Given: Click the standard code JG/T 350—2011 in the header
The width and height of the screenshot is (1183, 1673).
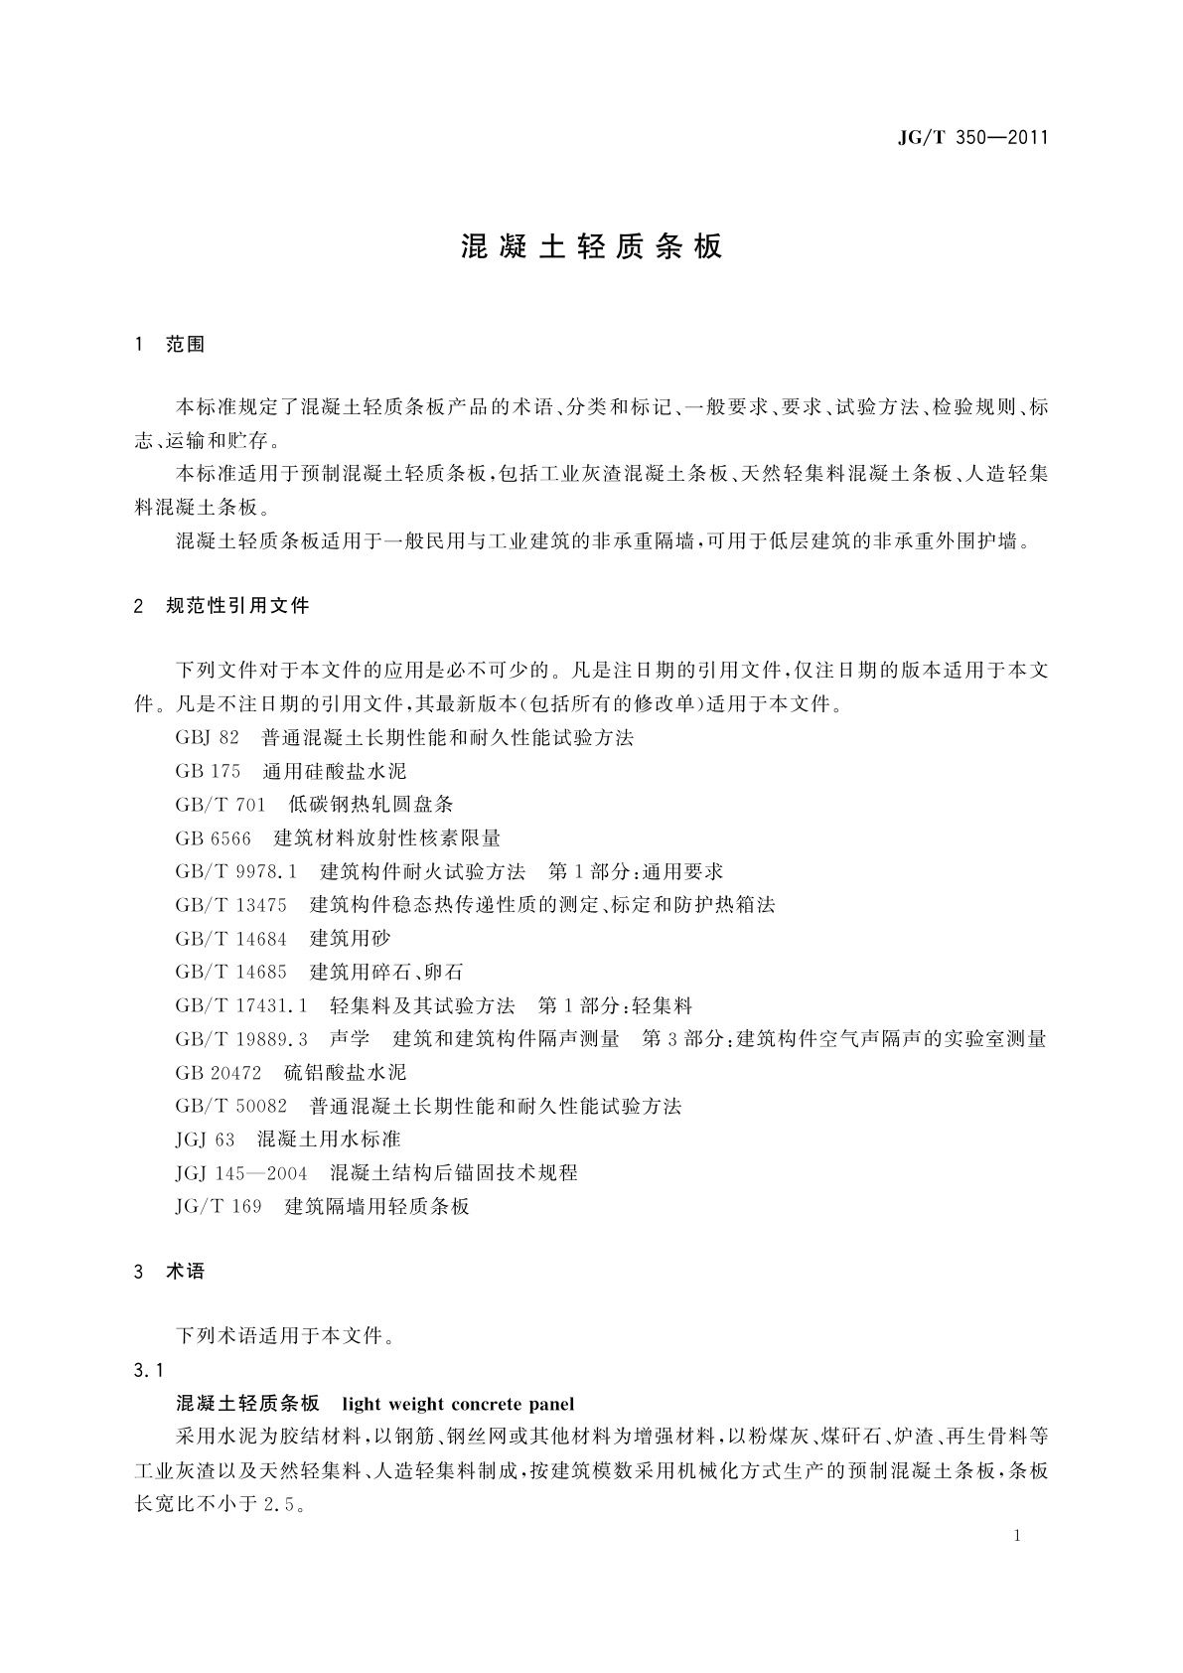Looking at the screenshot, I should click(973, 138).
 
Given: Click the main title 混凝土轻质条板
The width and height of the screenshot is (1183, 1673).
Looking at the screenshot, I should click(591, 247).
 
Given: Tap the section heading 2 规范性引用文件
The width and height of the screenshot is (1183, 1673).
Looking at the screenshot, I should click(222, 605).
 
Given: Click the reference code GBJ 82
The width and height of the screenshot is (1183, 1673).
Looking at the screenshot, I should click(208, 737).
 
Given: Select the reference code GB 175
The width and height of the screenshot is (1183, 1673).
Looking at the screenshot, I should click(208, 771).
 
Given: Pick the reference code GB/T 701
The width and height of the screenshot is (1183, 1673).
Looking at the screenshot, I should click(221, 805).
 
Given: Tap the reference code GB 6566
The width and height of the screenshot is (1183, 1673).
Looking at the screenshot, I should click(213, 838).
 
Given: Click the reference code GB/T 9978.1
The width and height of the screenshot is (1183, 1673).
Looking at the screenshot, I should click(236, 872).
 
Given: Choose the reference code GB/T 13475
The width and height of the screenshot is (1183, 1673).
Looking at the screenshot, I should click(230, 905).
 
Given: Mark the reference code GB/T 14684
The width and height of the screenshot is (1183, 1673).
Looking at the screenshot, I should click(230, 939).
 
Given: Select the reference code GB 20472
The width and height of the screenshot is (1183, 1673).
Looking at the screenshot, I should click(219, 1073).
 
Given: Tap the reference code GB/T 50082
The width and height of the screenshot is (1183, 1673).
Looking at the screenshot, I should click(230, 1106).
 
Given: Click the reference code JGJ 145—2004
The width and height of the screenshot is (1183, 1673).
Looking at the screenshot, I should click(241, 1173).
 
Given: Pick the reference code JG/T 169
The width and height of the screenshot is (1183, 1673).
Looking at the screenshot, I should click(219, 1207).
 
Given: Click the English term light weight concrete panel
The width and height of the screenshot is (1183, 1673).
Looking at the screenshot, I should click(458, 1404).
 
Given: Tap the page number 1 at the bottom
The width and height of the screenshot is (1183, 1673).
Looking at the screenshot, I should click(1018, 1536).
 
